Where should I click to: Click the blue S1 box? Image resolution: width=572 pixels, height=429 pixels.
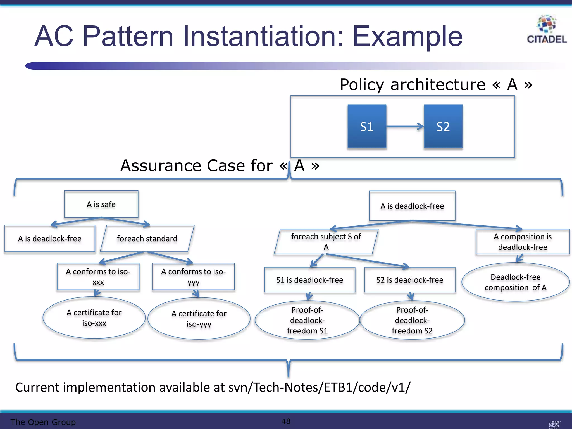[x=367, y=127]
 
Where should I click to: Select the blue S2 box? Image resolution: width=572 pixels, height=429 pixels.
[x=443, y=127]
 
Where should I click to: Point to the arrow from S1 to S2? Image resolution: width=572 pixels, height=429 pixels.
[x=405, y=127]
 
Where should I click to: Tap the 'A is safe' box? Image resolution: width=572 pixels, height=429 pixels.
[x=101, y=204]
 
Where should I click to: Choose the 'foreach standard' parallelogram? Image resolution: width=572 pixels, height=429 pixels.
[x=147, y=239]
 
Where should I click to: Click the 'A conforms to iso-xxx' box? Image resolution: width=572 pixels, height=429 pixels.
[x=98, y=277]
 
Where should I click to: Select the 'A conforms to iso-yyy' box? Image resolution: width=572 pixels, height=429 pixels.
[x=193, y=277]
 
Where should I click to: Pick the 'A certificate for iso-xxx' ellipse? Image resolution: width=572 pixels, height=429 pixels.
[x=94, y=318]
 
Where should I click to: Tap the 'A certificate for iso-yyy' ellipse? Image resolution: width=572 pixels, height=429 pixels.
[x=199, y=319]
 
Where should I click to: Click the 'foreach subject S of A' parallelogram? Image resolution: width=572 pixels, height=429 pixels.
[x=326, y=242]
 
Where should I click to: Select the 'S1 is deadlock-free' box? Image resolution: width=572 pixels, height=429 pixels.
[x=310, y=280]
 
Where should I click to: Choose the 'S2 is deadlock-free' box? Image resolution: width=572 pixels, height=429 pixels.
[x=410, y=280]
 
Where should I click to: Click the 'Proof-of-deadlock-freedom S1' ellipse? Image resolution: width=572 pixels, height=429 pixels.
[x=307, y=320]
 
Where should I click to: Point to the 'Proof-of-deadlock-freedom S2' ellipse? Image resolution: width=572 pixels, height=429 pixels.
[x=412, y=320]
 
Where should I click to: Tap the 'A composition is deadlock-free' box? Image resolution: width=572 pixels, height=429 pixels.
[x=523, y=242]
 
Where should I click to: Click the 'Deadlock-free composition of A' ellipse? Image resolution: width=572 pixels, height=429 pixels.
[x=515, y=282]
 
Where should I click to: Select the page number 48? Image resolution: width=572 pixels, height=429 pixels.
[x=286, y=421]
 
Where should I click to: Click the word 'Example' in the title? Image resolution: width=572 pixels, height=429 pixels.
[x=407, y=36]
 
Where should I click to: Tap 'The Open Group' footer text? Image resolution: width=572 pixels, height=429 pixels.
[x=43, y=422]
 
